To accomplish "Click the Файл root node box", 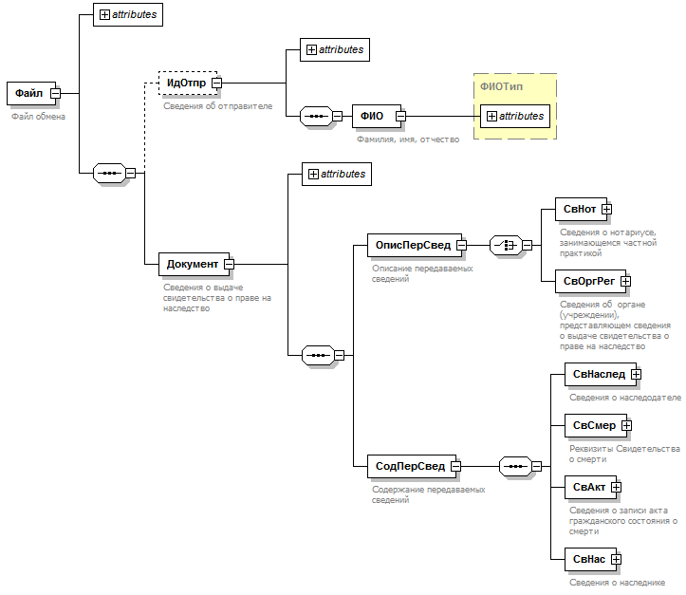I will (28, 93).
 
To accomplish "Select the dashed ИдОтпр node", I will (186, 83).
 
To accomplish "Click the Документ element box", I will (192, 264).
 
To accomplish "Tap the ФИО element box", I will (371, 116).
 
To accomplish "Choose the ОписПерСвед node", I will (413, 245).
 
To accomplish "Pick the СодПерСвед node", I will (410, 466).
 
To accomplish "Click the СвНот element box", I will (579, 209).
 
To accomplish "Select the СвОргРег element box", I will (588, 280).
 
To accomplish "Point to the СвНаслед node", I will (598, 374).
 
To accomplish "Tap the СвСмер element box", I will (593, 426).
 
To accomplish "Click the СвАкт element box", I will (588, 487).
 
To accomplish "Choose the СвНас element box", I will (588, 559).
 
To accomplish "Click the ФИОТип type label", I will (501, 86).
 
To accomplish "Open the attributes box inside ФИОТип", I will (515, 116).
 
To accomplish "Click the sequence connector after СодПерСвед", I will (515, 466).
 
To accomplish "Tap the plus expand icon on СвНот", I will (606, 209).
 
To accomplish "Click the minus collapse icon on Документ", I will (229, 264).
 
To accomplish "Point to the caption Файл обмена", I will (38, 117).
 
